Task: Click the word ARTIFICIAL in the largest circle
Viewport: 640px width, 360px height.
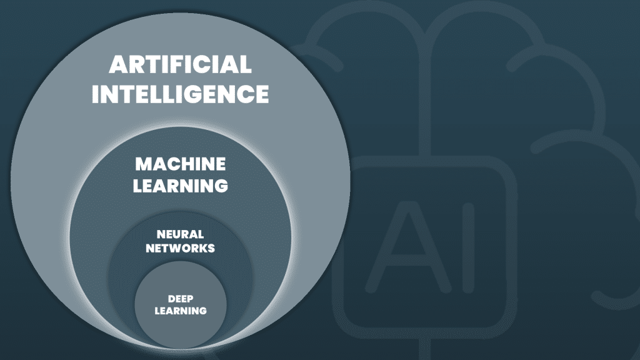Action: pos(180,65)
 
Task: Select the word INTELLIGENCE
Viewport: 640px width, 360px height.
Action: pos(180,94)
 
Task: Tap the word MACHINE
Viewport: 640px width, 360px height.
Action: pos(181,164)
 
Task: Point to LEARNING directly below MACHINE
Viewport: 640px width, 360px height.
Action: pos(181,186)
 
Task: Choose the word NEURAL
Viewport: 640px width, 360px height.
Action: pos(180,234)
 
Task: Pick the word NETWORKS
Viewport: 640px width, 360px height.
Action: pos(180,248)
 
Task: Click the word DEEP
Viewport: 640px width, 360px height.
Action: pos(180,298)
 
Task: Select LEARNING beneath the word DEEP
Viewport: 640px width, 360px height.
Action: pos(180,310)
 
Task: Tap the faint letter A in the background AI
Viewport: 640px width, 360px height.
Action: pos(407,251)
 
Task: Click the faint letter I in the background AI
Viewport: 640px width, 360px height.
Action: pos(463,251)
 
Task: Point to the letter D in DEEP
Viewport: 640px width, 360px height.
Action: pos(171,298)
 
